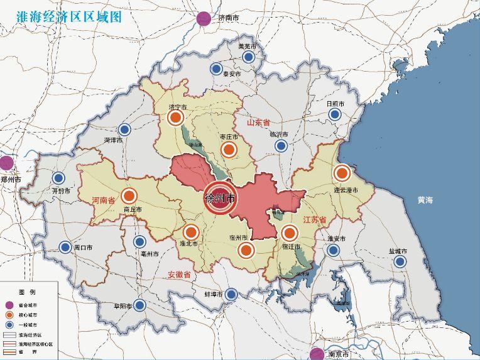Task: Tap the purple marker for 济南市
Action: [x=204, y=19]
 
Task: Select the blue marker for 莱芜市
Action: [x=248, y=57]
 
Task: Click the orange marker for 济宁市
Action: [x=176, y=117]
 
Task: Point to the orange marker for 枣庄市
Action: [x=229, y=149]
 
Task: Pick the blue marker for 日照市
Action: [x=335, y=114]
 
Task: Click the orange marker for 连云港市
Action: [x=342, y=173]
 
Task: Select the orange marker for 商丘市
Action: [x=129, y=196]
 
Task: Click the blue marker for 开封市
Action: [x=59, y=178]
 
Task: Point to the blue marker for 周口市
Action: [x=65, y=247]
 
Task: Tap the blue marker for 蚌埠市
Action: [x=232, y=294]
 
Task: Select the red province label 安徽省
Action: [x=179, y=275]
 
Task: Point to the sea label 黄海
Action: [x=425, y=200]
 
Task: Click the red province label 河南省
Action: [x=103, y=200]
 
